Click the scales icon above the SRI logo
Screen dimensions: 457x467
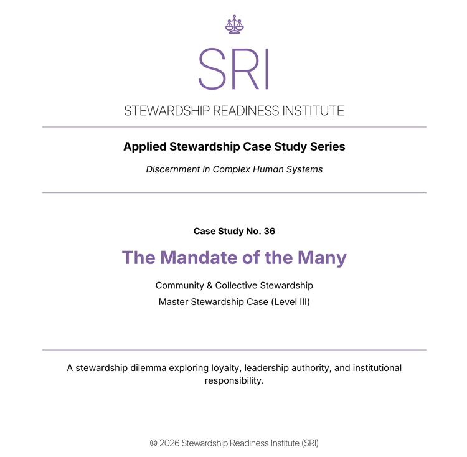234,24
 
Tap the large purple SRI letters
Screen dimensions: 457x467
234,68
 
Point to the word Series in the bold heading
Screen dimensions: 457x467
328,147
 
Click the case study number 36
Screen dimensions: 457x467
270,231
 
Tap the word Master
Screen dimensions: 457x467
174,302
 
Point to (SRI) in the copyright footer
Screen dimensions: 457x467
309,443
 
